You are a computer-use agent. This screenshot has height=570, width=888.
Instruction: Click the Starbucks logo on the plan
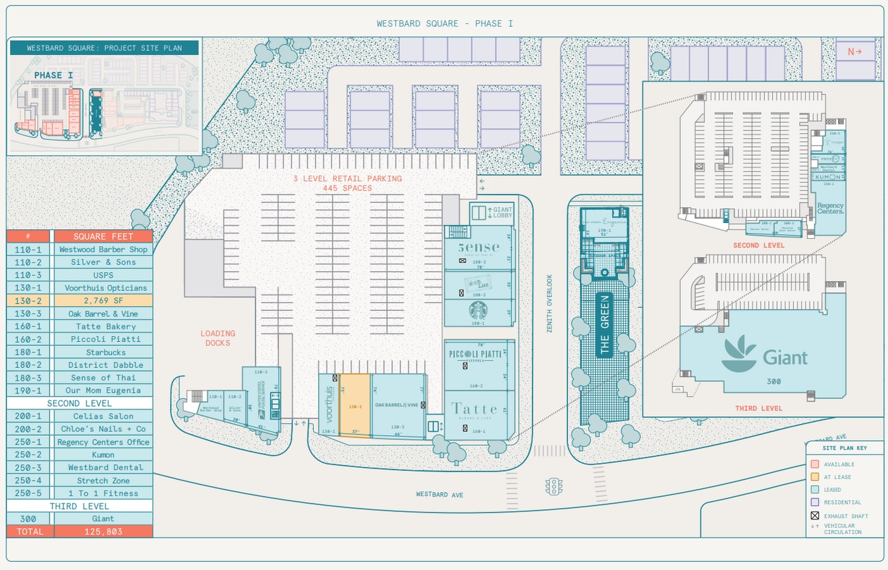tap(478, 311)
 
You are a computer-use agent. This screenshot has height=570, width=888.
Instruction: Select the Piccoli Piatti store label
tap(475, 354)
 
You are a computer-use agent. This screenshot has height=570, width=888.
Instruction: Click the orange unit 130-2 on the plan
tap(356, 406)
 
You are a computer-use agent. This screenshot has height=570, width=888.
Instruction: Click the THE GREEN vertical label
tap(605, 324)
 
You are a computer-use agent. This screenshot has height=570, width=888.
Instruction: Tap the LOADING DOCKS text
tap(217, 338)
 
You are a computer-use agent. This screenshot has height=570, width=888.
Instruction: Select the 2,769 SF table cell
tap(103, 301)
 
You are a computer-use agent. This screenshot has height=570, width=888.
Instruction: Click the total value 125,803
tap(103, 531)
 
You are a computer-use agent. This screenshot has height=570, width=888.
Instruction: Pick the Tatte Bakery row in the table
tap(103, 326)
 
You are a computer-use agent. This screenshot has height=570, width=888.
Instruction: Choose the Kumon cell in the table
tap(103, 455)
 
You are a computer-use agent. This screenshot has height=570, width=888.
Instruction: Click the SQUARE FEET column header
tap(103, 236)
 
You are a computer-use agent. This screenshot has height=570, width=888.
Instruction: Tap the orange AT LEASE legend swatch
tap(815, 477)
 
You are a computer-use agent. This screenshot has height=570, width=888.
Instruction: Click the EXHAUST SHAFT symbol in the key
tap(815, 516)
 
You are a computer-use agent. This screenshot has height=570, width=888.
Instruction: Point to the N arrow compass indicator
tap(854, 51)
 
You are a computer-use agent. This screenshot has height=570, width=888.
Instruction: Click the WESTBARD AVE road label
tap(439, 495)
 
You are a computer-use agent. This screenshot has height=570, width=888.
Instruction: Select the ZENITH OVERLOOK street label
tap(550, 303)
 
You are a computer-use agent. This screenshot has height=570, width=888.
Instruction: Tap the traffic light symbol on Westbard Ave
tap(554, 486)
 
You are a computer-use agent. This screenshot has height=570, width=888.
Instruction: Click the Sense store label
tap(479, 247)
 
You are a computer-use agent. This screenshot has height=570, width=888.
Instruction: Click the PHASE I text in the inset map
tap(53, 75)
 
